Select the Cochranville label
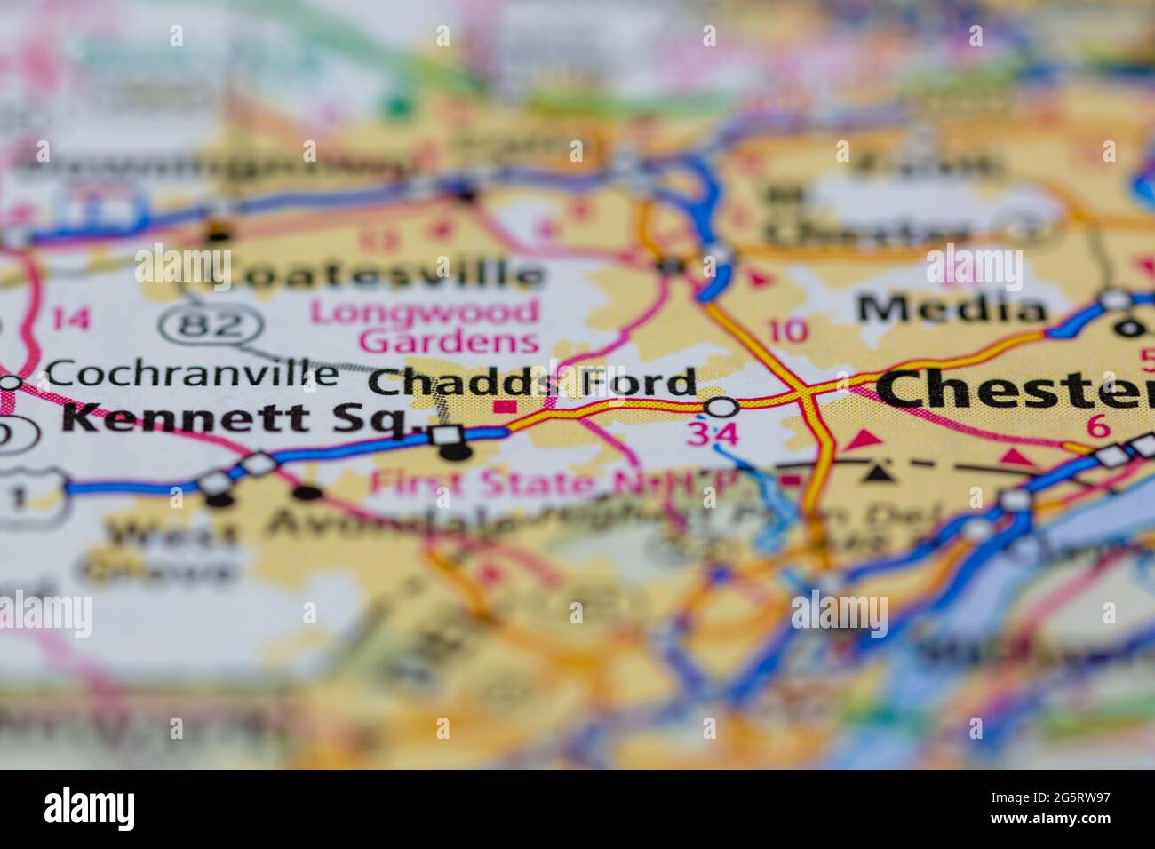click(x=191, y=373)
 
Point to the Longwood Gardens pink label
click(x=425, y=326)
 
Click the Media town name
click(x=952, y=308)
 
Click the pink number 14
click(x=70, y=317)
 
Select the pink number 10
click(x=789, y=331)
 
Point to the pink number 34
click(x=712, y=435)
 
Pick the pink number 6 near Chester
click(x=1099, y=427)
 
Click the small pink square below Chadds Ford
click(x=506, y=408)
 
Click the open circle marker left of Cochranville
click(x=10, y=383)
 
